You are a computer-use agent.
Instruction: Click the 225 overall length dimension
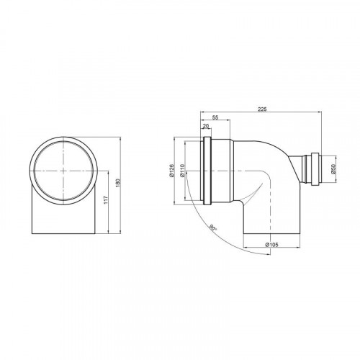[x=262, y=109]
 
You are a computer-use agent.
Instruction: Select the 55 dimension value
[x=215, y=117]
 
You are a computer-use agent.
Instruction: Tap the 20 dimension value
[x=206, y=126]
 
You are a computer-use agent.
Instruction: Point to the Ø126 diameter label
[x=171, y=171]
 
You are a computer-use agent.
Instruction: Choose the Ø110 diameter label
[x=181, y=171]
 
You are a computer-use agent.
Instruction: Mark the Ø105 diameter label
[x=271, y=245]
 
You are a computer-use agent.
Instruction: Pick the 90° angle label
[x=212, y=228]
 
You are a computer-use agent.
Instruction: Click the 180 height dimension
[x=117, y=183]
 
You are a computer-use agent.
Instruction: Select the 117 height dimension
[x=106, y=200]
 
